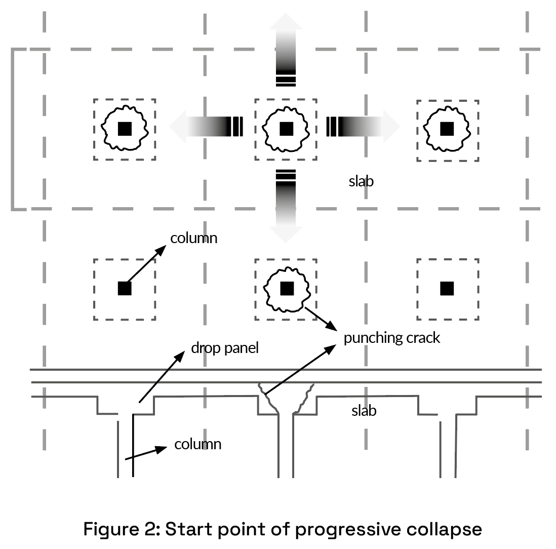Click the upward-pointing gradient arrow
(286, 50)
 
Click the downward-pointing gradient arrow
(286, 207)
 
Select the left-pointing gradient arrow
(206, 127)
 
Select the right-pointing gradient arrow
(364, 127)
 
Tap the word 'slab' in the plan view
(361, 181)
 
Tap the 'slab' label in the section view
(364, 411)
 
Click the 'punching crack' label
(392, 338)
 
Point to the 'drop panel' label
(225, 348)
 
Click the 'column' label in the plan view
(193, 238)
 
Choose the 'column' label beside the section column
(198, 444)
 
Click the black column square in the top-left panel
(125, 129)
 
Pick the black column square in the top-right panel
(447, 129)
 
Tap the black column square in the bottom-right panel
(447, 289)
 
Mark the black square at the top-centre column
(287, 129)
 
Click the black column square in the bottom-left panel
(125, 289)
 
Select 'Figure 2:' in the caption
(121, 529)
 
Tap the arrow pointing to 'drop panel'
(162, 377)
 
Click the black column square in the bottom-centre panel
(287, 289)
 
